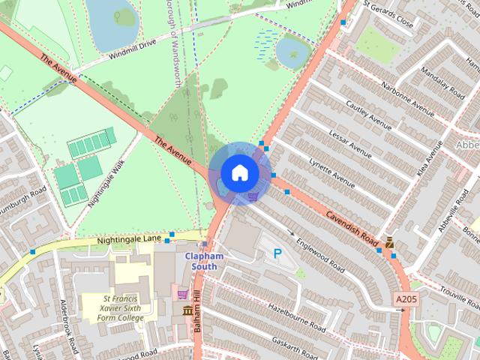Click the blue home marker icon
[x=238, y=172]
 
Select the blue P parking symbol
[x=277, y=254]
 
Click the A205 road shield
[x=405, y=299]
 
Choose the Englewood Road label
[x=320, y=255]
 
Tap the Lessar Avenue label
[x=350, y=143]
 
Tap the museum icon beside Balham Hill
[x=187, y=311]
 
